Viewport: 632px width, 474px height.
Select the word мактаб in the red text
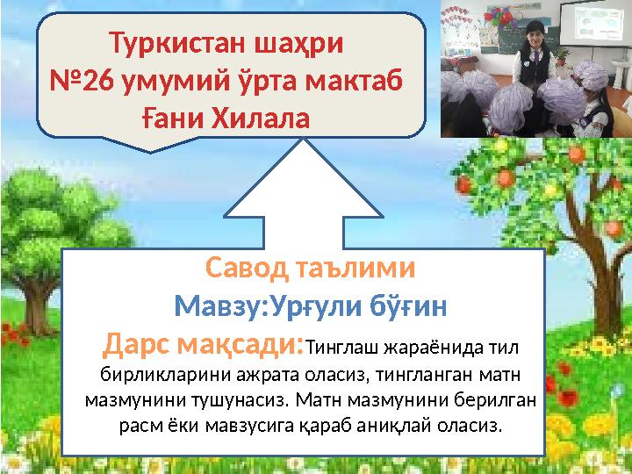tap(354, 81)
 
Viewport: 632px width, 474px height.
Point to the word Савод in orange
tap(247, 268)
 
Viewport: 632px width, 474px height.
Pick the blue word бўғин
tap(408, 306)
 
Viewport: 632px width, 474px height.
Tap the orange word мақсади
tap(241, 345)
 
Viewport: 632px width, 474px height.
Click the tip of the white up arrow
tap(304, 139)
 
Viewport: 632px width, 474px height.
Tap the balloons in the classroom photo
tap(499, 18)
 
